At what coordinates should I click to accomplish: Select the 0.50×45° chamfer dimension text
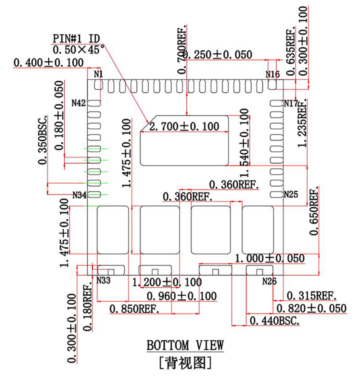click(x=78, y=50)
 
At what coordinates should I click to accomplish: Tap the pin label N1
click(x=98, y=74)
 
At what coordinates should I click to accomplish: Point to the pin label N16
click(x=272, y=74)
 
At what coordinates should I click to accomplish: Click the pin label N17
click(x=291, y=103)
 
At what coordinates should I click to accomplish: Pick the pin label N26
click(x=269, y=281)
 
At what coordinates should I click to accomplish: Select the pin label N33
click(x=103, y=280)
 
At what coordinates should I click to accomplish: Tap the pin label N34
click(x=79, y=194)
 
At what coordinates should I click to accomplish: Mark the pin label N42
click(x=79, y=103)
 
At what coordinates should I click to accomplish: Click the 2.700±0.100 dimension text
click(x=184, y=127)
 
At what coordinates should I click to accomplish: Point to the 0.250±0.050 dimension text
click(x=217, y=55)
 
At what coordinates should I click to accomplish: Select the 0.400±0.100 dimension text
click(x=48, y=63)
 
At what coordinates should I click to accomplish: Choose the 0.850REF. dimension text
click(x=135, y=309)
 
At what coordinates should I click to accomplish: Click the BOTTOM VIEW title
click(x=185, y=345)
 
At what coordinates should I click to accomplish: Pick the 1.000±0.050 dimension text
click(x=269, y=258)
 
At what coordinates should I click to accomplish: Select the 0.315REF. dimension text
click(x=310, y=295)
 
